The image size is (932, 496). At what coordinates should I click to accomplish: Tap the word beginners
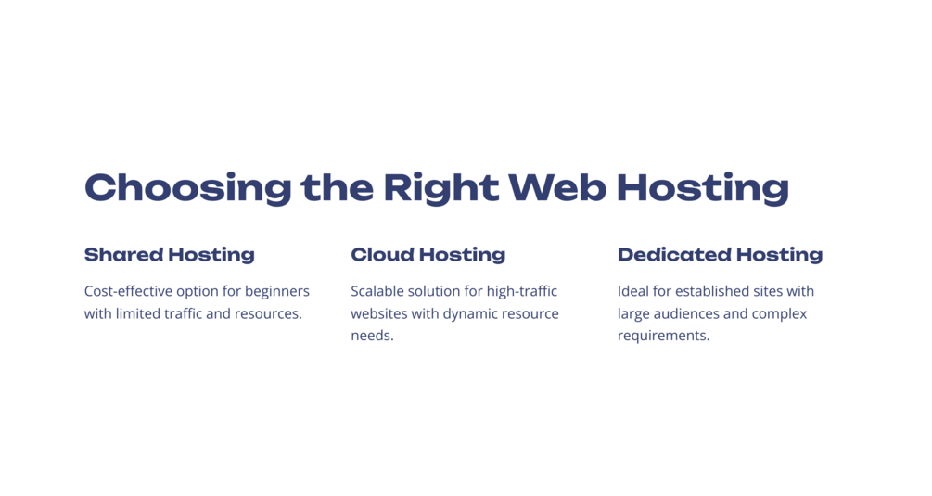click(x=277, y=292)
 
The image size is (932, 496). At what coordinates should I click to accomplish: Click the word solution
click(x=436, y=291)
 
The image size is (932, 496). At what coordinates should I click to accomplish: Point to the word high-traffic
click(x=522, y=291)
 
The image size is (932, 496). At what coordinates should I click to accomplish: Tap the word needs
click(x=372, y=336)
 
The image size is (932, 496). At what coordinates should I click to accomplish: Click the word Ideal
click(x=633, y=291)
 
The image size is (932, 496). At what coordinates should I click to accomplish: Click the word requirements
click(x=663, y=337)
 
